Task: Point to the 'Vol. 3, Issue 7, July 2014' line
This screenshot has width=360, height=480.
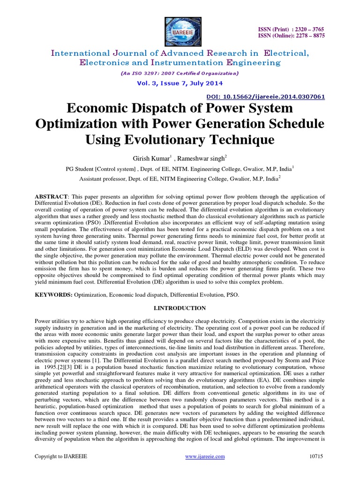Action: coord(180,83)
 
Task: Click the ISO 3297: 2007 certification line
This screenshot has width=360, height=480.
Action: coord(180,73)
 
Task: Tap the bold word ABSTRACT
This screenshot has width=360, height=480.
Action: coord(52,195)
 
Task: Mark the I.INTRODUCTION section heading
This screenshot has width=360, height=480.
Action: coord(180,308)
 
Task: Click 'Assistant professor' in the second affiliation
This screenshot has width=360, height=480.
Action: coord(103,179)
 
